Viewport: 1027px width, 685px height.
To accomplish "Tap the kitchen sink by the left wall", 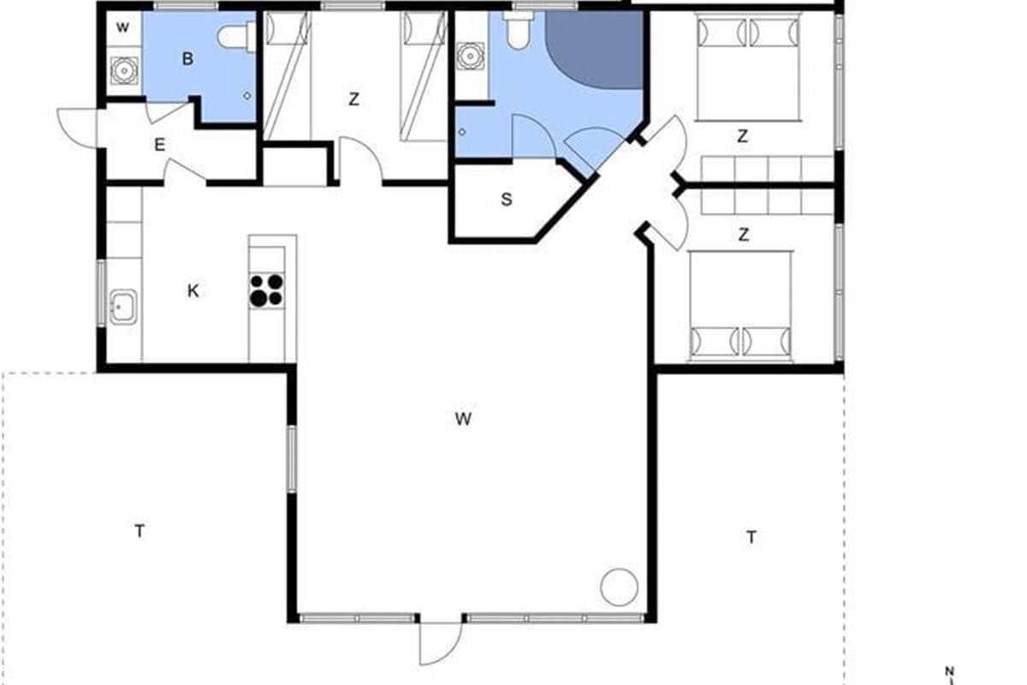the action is [x=123, y=307].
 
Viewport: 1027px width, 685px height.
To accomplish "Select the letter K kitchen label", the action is [x=193, y=291].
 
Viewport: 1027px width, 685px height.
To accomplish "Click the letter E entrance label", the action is [x=159, y=145].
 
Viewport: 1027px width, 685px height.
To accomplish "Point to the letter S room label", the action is [x=506, y=200].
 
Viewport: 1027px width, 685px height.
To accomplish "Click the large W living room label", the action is [x=463, y=419].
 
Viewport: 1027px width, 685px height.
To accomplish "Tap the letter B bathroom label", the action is [x=187, y=59].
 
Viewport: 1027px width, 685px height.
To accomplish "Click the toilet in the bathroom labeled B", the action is [x=236, y=37].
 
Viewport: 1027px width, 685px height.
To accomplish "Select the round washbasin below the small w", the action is [x=124, y=71].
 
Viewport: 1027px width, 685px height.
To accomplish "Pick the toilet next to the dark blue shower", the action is [x=519, y=30].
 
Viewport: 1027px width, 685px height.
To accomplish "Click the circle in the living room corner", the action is [x=619, y=587].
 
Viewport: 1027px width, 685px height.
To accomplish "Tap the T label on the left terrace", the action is [x=140, y=531].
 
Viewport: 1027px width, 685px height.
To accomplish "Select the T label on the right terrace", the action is [x=751, y=537].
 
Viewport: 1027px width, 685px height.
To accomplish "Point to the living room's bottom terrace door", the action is [x=440, y=643].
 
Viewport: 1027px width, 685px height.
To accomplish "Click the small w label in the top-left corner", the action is [x=122, y=27].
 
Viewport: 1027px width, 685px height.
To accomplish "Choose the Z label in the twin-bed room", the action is [x=353, y=99].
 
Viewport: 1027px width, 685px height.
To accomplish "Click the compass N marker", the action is [x=949, y=671].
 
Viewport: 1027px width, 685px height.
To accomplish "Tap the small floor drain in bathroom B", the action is [x=247, y=96].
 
